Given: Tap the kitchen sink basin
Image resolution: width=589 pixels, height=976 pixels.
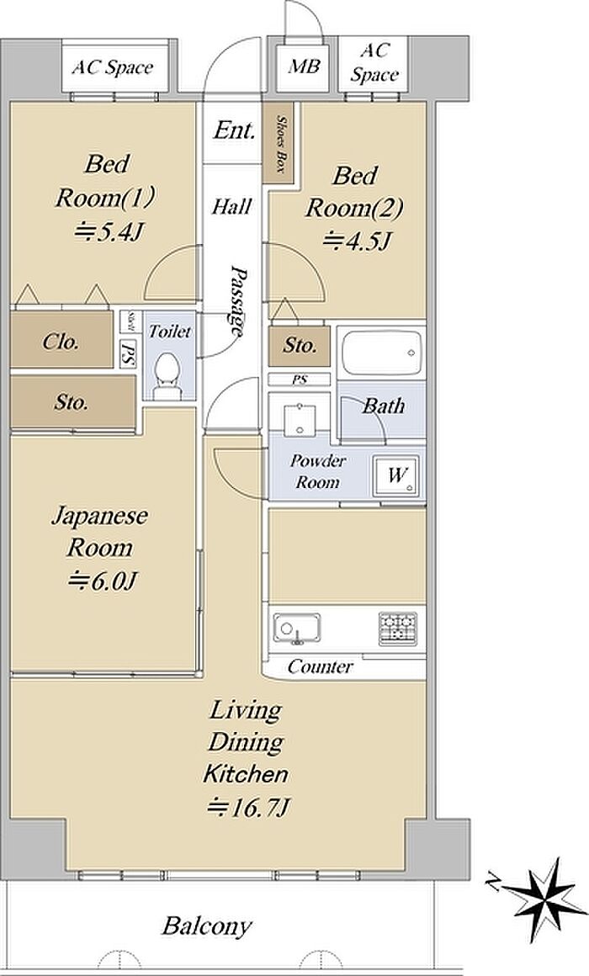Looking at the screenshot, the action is click(x=297, y=628).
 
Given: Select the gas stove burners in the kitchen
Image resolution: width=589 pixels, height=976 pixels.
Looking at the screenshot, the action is click(x=397, y=628).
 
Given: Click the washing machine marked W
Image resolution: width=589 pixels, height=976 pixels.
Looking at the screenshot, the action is click(x=396, y=476).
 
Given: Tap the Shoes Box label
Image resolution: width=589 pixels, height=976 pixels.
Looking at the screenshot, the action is click(x=282, y=145).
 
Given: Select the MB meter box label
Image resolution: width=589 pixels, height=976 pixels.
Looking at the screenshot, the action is click(x=304, y=66).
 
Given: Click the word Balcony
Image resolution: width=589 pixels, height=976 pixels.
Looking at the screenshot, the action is click(x=207, y=927).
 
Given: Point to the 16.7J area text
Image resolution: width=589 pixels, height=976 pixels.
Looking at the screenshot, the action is click(x=248, y=808).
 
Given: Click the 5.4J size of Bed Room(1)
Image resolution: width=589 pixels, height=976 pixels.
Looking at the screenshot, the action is click(x=109, y=232).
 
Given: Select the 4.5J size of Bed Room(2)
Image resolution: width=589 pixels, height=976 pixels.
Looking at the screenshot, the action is click(x=358, y=240).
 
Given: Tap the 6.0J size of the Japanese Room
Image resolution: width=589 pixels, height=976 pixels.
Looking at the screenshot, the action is click(x=102, y=581).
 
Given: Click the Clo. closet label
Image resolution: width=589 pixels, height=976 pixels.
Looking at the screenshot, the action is click(x=61, y=341).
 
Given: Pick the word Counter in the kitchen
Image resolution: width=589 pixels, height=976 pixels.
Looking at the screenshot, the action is click(x=320, y=667).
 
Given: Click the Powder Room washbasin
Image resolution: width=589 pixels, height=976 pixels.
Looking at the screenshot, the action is click(x=300, y=420).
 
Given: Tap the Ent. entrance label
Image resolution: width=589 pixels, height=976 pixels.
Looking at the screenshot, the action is click(x=234, y=130).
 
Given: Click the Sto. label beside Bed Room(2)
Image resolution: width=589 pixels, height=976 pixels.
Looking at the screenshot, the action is click(x=300, y=345).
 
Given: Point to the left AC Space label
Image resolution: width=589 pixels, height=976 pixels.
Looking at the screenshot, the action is click(x=113, y=66).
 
